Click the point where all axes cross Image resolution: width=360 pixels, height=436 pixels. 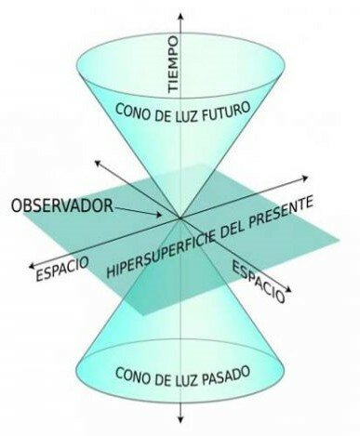[180, 219]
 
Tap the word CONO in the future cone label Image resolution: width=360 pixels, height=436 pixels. [135, 110]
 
